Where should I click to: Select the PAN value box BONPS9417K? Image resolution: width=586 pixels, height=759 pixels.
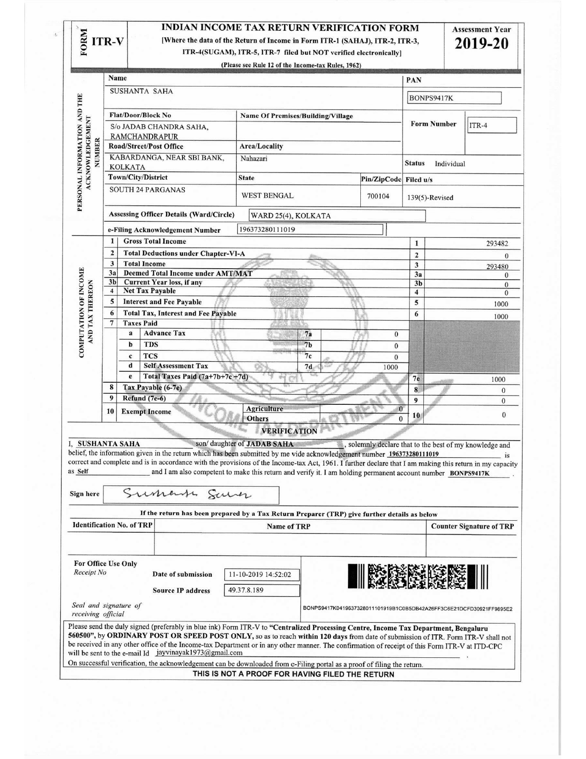pos(454,98)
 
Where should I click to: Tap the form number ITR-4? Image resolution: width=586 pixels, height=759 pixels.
pos(491,126)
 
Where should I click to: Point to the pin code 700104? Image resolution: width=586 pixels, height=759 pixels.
pos(378,196)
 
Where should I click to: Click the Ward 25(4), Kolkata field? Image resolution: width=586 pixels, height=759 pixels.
pos(337,216)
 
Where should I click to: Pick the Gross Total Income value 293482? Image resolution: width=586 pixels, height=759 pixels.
pos(497,244)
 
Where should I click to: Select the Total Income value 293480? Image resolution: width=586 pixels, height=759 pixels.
pos(497,266)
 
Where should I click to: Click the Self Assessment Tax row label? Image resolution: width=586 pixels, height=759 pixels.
pos(176,366)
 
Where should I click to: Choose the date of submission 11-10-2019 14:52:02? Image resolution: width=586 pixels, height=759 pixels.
pos(262,575)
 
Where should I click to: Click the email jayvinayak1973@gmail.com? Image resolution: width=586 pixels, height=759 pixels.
pos(199,653)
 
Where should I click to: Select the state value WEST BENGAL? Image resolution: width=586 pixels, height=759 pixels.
pos(267,195)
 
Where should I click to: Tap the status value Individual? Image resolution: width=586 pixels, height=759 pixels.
pos(450,164)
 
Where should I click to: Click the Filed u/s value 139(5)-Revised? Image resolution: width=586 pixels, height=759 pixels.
pos(430,198)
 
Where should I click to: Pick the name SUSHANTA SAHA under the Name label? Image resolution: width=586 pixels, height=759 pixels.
pos(141,91)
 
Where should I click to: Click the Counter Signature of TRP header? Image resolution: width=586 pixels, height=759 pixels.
pos(472,526)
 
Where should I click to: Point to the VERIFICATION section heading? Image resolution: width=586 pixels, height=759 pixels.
pos(289,431)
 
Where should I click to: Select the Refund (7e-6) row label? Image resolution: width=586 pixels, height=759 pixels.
pos(144,398)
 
